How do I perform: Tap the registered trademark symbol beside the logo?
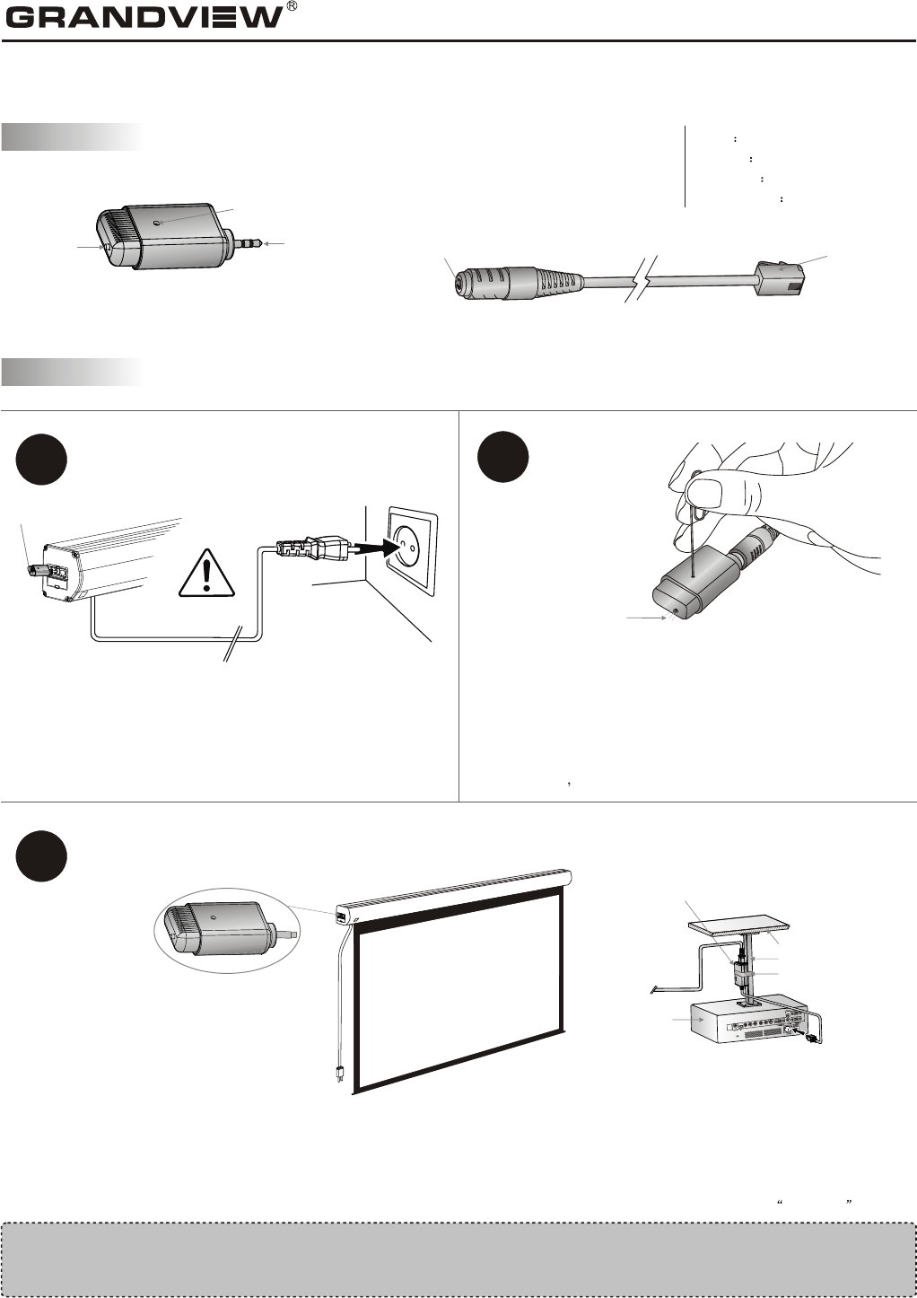[x=291, y=7]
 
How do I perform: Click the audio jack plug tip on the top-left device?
[x=256, y=242]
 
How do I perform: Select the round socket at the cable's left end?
[x=460, y=281]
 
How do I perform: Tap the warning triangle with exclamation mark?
[x=206, y=574]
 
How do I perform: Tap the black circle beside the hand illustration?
[x=502, y=457]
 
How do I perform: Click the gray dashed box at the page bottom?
[x=458, y=1259]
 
